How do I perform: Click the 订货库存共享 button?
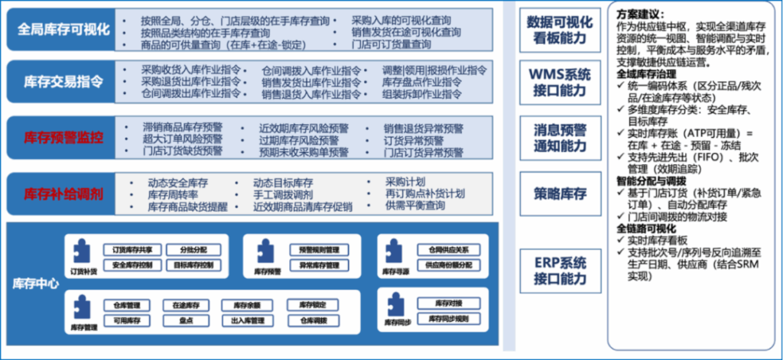coord(127,249)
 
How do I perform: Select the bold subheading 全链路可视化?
coord(648,229)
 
